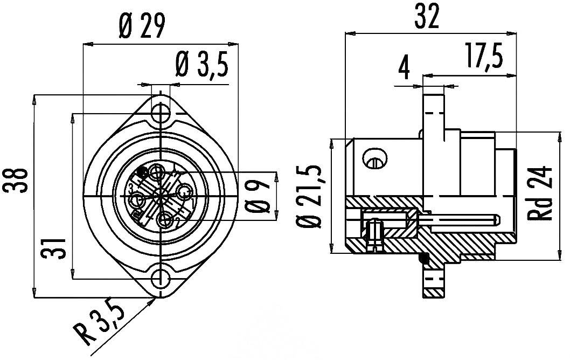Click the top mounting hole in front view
coord(160,114)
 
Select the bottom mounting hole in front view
coord(160,279)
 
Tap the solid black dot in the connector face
coord(143,172)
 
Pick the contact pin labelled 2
coord(166,220)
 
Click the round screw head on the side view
coord(375,158)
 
